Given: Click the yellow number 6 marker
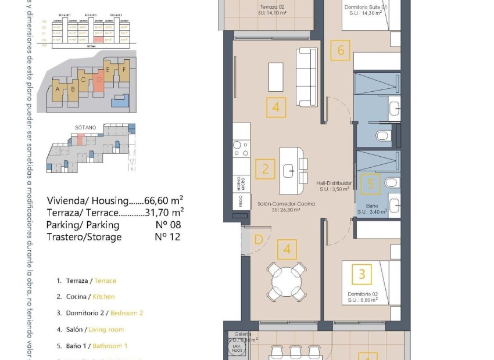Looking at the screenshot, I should point(341,51).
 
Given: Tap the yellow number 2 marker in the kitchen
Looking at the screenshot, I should point(265,169).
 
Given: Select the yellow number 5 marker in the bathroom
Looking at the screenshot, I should point(371,184).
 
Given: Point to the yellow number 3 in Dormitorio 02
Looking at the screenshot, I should point(362,273).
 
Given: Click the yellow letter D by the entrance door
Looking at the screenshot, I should point(259,239).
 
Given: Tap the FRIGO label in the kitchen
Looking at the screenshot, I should point(239,201).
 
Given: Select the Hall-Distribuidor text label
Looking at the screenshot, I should point(334,183).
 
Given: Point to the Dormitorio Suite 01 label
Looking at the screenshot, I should point(366,8).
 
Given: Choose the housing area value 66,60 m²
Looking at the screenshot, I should point(164,200).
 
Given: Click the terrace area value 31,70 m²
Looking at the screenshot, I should point(164,213).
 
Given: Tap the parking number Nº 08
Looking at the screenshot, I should point(168,225).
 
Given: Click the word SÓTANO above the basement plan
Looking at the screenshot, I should point(85,127).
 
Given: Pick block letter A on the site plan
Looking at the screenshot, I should point(57,89).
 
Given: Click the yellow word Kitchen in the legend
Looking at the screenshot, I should point(103,297).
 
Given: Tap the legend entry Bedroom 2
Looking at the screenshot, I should point(127,313).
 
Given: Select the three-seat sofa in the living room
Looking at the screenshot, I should point(306,77).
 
